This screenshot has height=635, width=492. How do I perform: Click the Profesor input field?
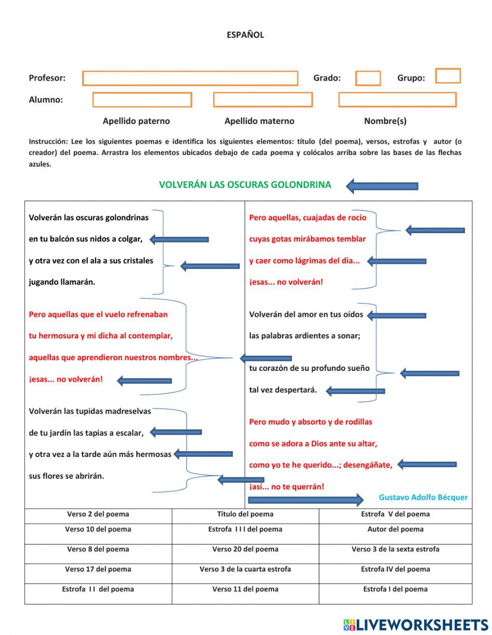[190, 78]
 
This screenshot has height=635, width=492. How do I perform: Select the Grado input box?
[368, 78]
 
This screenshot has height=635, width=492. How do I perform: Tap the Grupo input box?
[448, 76]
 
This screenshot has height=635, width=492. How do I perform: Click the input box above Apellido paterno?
[142, 100]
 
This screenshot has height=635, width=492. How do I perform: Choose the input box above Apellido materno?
[263, 100]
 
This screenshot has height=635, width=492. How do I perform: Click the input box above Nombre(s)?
[397, 100]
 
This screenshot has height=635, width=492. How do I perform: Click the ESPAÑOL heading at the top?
[245, 35]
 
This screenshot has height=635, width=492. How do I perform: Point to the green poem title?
[245, 185]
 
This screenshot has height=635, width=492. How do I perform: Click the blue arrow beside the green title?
[382, 186]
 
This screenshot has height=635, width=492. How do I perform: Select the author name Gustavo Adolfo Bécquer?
[423, 497]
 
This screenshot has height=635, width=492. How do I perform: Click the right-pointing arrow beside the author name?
[306, 500]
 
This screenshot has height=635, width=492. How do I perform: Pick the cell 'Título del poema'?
[245, 514]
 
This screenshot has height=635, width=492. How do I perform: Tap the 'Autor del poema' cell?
[395, 530]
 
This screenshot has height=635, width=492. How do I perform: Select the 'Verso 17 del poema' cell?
[98, 570]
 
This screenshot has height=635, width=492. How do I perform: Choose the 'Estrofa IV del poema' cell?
[395, 570]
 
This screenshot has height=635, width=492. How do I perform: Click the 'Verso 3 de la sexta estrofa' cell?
[395, 549]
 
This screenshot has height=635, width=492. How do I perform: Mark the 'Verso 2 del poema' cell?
[98, 514]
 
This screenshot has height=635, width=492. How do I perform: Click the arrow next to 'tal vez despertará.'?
[355, 392]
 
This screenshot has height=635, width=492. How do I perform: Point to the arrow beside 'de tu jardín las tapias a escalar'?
[176, 432]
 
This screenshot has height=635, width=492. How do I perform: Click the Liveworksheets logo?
[416, 625]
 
